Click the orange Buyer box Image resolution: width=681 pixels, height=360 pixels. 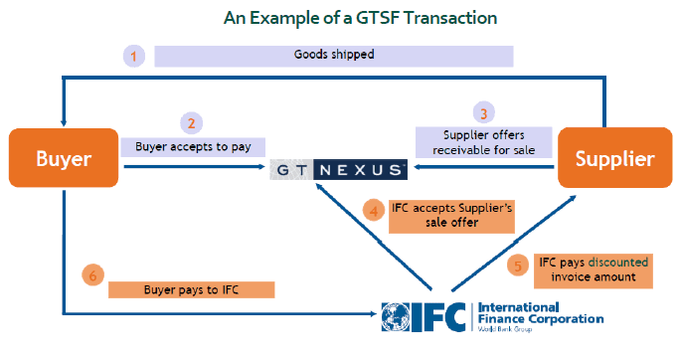(64, 158)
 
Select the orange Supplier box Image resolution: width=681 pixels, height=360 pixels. (615, 158)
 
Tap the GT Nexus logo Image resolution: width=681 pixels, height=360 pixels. (339, 169)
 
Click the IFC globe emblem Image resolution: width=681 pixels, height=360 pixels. (396, 317)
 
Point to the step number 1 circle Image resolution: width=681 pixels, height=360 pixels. (134, 56)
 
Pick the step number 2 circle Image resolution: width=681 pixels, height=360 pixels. (191, 123)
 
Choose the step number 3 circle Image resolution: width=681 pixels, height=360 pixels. (484, 113)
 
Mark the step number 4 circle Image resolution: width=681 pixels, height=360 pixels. (374, 211)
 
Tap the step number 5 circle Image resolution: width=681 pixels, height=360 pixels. (518, 266)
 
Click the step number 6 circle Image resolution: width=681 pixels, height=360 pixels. (92, 274)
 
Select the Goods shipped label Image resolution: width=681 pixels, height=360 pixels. (334, 56)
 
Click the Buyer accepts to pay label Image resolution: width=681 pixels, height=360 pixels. (193, 147)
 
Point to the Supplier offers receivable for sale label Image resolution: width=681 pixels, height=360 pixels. (484, 142)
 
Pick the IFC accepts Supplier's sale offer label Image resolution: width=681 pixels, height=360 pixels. (451, 216)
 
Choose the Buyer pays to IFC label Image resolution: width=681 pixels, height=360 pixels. (192, 289)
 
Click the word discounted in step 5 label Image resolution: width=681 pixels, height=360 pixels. (618, 263)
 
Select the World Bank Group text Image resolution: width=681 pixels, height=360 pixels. (505, 329)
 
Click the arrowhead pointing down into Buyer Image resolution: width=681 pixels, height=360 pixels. (64, 123)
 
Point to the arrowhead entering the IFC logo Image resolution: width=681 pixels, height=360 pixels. (372, 313)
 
